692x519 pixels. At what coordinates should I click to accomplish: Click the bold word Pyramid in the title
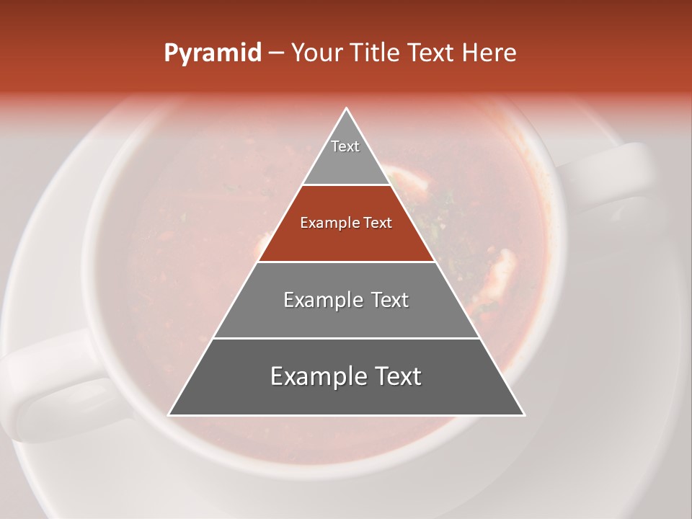click(212, 53)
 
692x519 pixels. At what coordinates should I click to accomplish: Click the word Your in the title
click(315, 53)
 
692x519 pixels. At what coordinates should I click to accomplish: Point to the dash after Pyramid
click(276, 53)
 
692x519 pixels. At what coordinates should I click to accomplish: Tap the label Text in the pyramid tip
click(345, 146)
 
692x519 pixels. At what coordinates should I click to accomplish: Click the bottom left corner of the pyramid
click(169, 414)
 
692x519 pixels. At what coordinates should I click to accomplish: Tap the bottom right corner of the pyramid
click(523, 414)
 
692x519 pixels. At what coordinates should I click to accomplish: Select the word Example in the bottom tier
click(316, 376)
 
